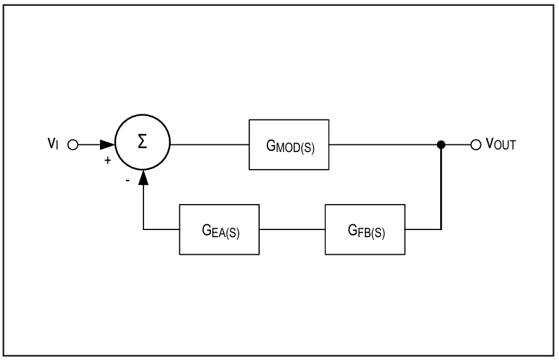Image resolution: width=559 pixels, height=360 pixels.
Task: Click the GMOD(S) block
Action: click(289, 144)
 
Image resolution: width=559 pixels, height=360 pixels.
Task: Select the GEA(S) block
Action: click(219, 229)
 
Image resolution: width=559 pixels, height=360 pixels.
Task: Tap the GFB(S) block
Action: click(365, 229)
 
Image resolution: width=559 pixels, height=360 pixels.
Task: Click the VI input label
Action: click(53, 143)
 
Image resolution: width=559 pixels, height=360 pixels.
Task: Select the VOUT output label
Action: click(501, 144)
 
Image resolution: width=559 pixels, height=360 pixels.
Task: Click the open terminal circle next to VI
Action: click(73, 145)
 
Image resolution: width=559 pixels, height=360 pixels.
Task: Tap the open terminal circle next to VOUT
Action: click(476, 145)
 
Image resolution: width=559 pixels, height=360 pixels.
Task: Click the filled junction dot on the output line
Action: click(441, 144)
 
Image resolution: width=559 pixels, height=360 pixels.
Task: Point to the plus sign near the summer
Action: click(108, 161)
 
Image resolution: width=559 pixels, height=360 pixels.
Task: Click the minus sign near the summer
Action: click(128, 181)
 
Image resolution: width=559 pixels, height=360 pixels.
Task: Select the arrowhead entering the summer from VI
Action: click(107, 144)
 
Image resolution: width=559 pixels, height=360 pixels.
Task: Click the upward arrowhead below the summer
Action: click(143, 177)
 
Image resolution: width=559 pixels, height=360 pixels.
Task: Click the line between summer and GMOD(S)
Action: click(210, 144)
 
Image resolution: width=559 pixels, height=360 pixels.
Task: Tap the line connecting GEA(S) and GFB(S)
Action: click(292, 229)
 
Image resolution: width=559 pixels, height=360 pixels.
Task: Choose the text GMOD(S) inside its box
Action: click(291, 146)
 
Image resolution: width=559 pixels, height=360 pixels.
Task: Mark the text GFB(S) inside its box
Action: click(366, 231)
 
